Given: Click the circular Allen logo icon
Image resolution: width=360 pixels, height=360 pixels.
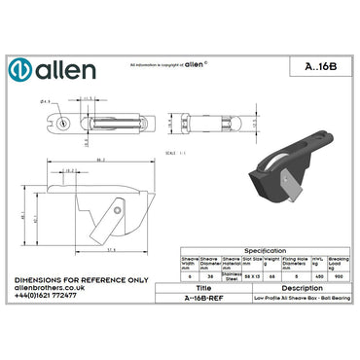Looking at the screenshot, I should (x=22, y=71).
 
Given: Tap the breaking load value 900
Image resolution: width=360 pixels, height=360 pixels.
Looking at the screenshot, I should (x=340, y=276).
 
